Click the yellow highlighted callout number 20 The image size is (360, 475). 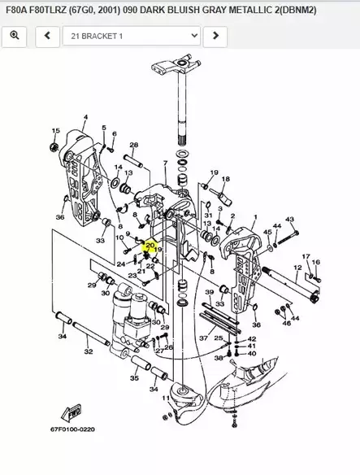(x=150, y=243)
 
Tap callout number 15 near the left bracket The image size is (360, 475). (x=55, y=131)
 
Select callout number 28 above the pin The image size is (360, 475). (x=133, y=145)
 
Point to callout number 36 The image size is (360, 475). (x=60, y=217)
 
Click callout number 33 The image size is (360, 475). (x=100, y=241)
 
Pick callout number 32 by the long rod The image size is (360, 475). (x=89, y=351)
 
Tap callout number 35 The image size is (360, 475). (x=134, y=378)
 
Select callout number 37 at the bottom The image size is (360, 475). (x=203, y=338)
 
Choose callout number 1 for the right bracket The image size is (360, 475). (x=256, y=217)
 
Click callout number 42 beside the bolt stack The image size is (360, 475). (x=251, y=338)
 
